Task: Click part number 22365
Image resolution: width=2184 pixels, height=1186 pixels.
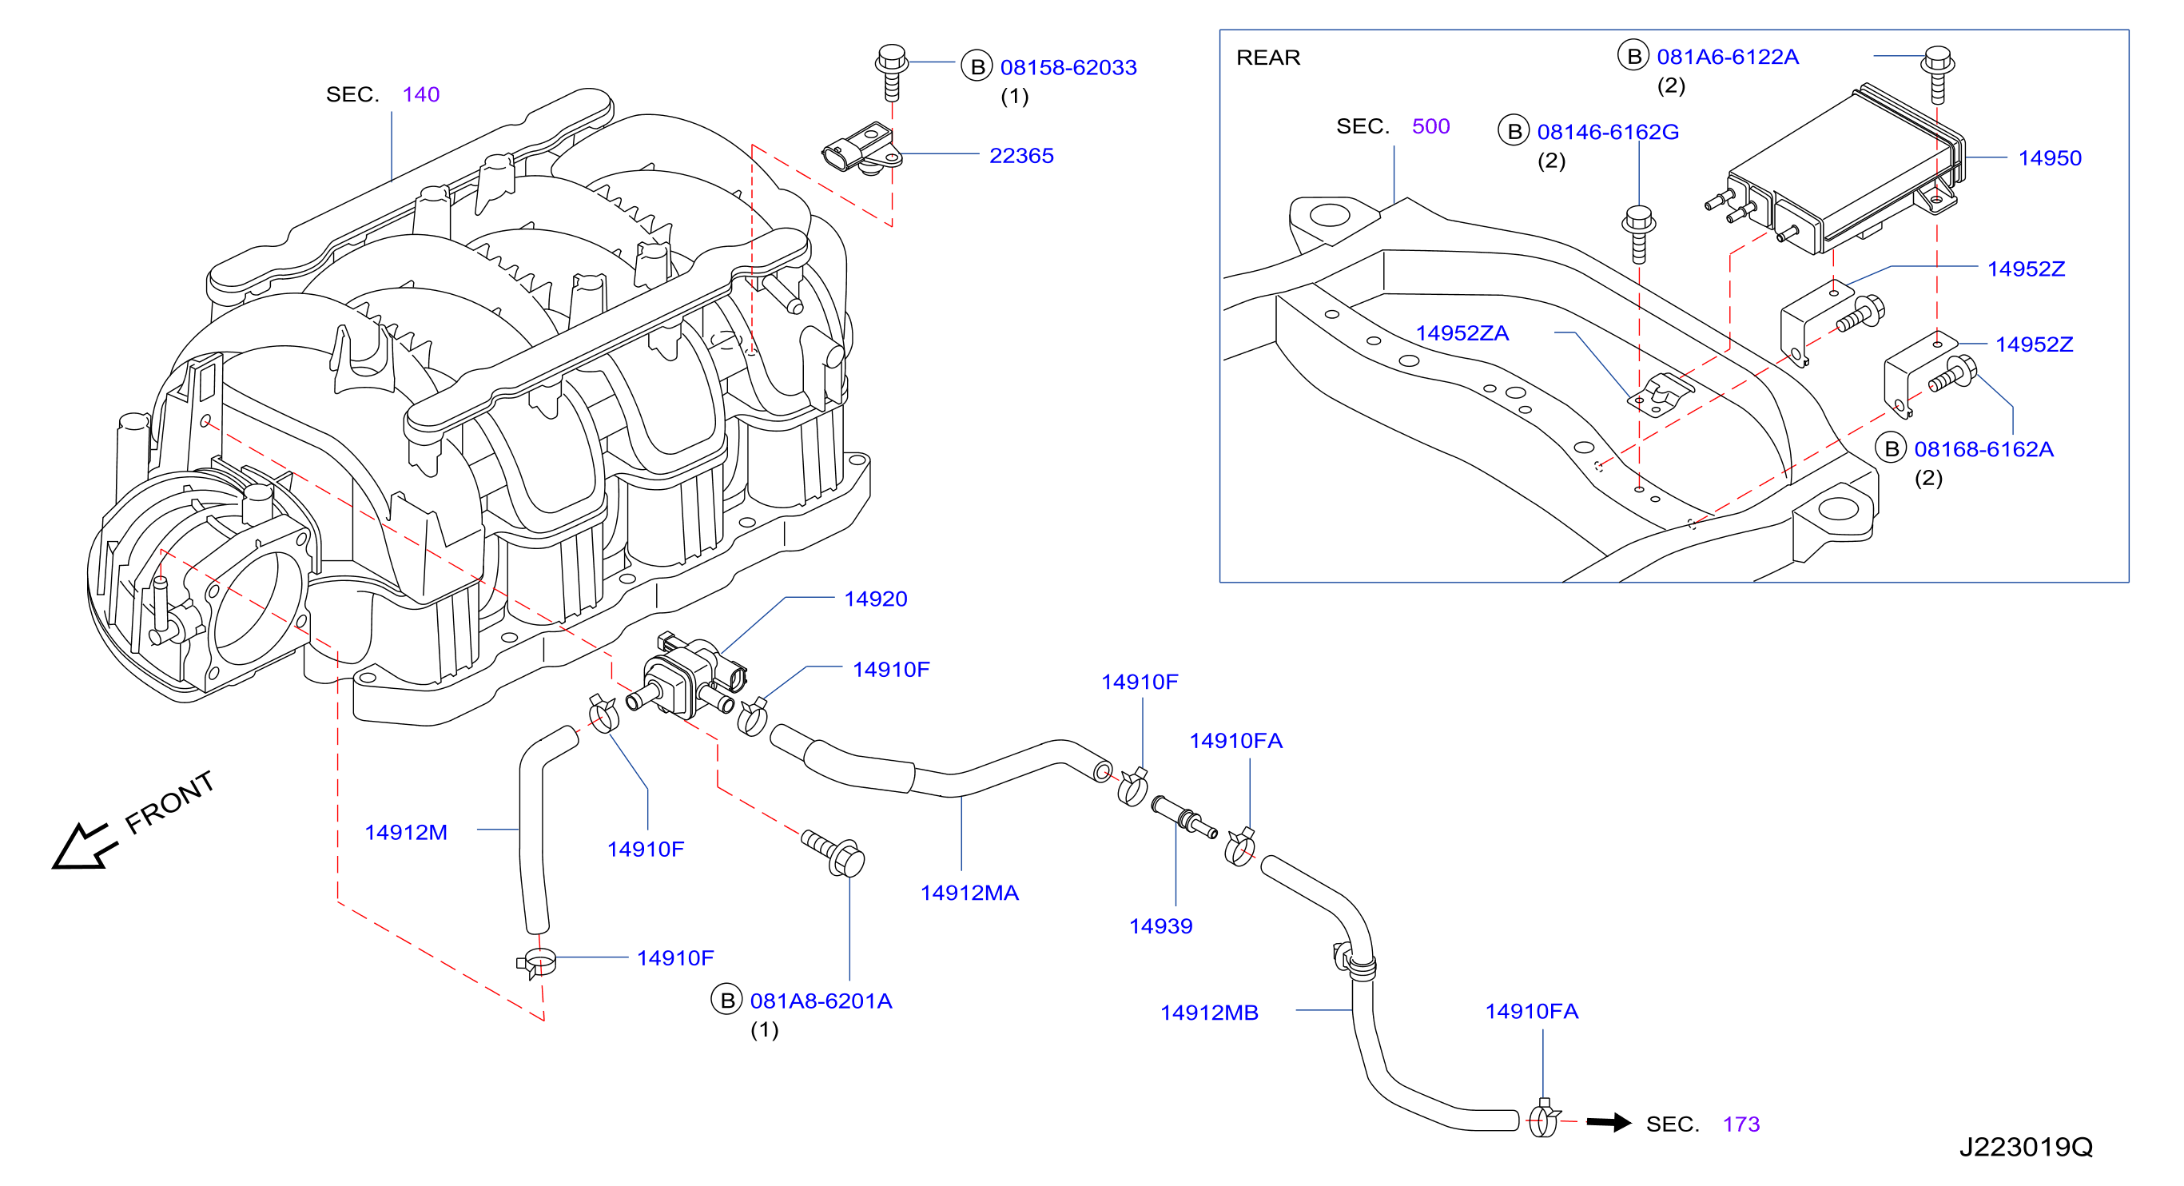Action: point(1020,156)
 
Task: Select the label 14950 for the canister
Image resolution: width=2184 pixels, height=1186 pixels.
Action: point(2049,158)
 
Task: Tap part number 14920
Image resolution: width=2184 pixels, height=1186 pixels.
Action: point(875,599)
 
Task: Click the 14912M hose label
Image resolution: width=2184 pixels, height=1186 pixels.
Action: point(405,833)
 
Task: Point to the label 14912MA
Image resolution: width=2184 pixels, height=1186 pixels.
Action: point(969,893)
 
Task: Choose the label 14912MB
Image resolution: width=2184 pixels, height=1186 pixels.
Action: point(1209,1013)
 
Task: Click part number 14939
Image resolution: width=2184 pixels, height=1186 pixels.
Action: point(1160,926)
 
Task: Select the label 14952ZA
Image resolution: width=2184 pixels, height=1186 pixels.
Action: point(1462,333)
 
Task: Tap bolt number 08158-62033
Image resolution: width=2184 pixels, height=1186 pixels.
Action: point(1068,68)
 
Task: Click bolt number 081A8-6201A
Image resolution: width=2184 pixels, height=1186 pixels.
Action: point(821,1001)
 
